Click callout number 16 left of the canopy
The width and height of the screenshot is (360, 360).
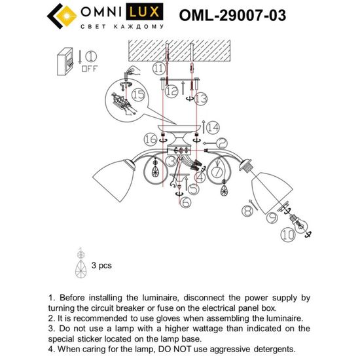coord(150,139)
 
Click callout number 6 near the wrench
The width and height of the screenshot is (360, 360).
coord(186,204)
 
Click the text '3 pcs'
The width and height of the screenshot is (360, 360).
coord(101,266)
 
